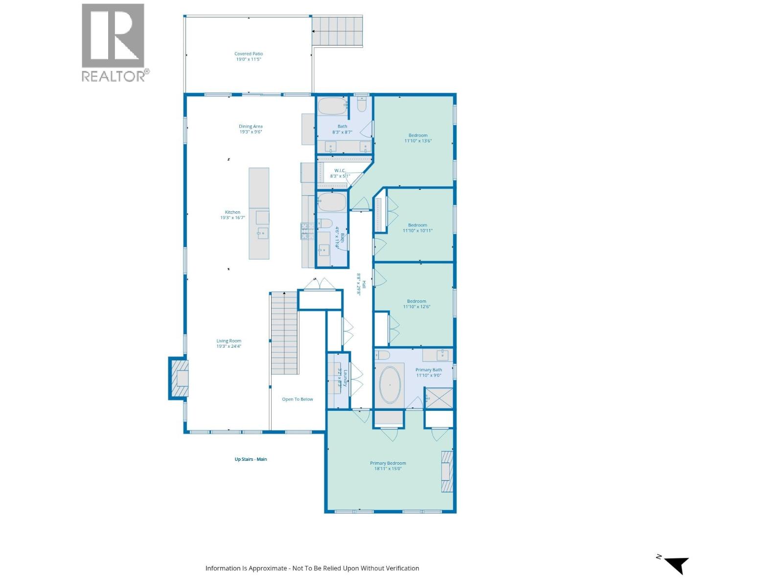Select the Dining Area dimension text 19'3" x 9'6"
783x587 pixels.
click(x=251, y=132)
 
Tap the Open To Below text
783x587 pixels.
click(x=297, y=399)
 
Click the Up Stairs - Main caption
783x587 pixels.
click(x=251, y=459)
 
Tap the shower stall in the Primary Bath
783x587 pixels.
click(x=439, y=398)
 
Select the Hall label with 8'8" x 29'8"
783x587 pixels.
click(x=361, y=284)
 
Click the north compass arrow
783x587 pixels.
click(x=677, y=564)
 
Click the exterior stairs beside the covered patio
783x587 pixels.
click(x=338, y=31)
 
